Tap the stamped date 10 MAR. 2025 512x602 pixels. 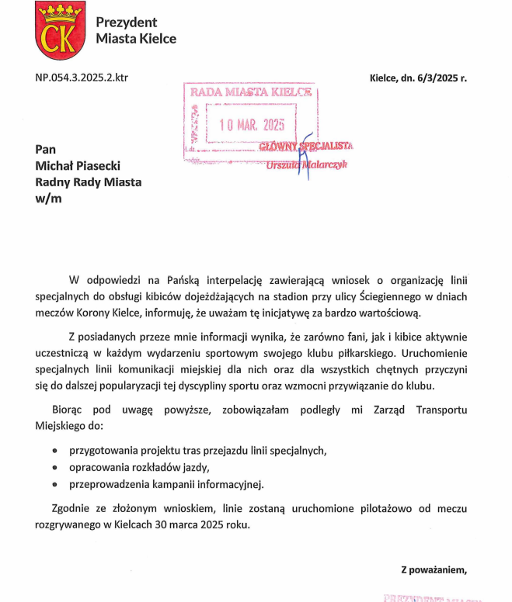(x=252, y=124)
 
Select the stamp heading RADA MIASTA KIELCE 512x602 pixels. (x=251, y=92)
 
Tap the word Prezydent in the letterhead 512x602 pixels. (x=126, y=22)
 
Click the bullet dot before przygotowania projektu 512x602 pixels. (x=54, y=450)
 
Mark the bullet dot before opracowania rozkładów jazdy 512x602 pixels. (x=54, y=467)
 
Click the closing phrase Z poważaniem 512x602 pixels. (x=434, y=570)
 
